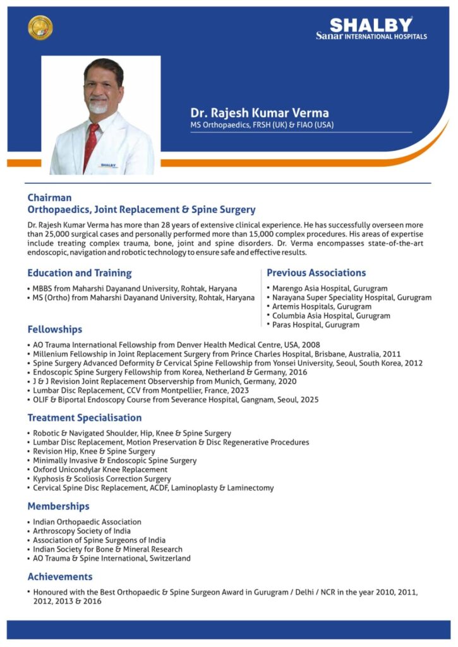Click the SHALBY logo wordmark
[x=371, y=25]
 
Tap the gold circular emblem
[x=40, y=28]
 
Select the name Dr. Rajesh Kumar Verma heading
[x=260, y=113]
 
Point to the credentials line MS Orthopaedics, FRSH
[x=262, y=125]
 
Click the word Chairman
[x=49, y=198]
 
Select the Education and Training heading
[x=80, y=273]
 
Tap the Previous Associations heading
[x=316, y=273]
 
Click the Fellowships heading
[x=55, y=329]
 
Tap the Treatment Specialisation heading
[x=85, y=418]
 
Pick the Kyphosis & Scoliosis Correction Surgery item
[x=102, y=479]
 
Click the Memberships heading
[x=58, y=506]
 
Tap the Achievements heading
[x=60, y=576]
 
